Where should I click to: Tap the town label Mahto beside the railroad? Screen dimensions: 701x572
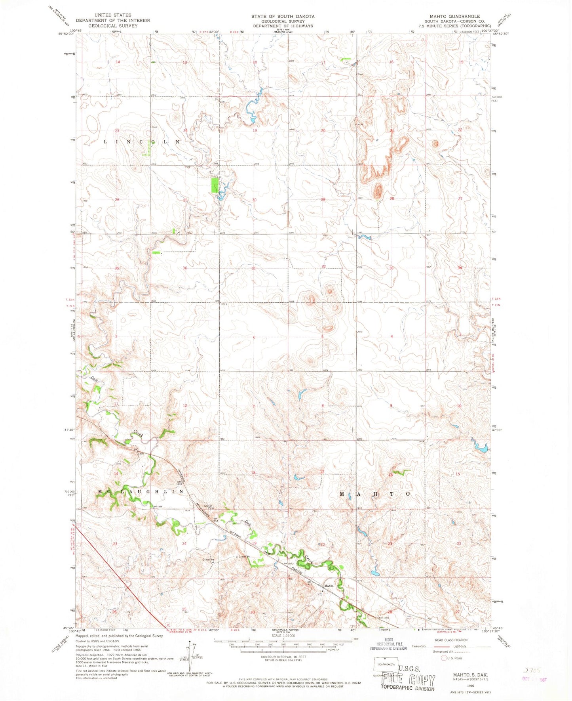(329, 586)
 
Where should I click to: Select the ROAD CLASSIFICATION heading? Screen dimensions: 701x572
(451, 640)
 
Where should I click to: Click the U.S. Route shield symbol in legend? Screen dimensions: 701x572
(444, 658)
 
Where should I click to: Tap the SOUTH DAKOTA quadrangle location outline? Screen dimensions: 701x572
(386, 664)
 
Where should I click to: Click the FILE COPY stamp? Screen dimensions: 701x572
(407, 680)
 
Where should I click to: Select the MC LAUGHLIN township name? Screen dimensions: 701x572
(141, 491)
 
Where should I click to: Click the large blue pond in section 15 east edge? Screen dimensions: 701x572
(481, 448)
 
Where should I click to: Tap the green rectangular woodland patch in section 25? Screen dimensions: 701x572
(214, 185)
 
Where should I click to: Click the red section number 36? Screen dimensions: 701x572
(185, 268)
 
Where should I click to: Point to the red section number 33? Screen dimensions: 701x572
(391, 268)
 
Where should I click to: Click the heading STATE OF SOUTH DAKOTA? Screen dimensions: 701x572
(283, 16)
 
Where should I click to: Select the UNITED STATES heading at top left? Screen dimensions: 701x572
(113, 15)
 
